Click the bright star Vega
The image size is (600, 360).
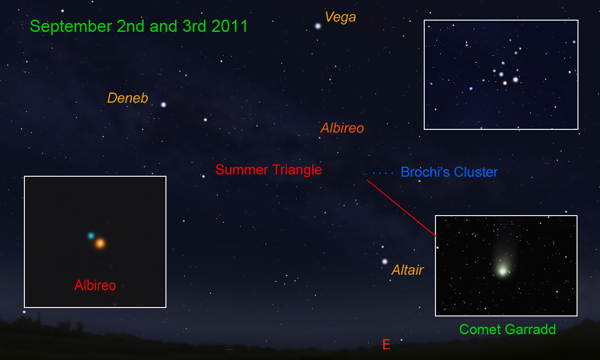[x=318, y=26]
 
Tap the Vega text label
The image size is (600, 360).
[x=340, y=17]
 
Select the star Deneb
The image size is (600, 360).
[x=164, y=105]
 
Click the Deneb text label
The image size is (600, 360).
[x=127, y=98]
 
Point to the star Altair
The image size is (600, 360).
[x=385, y=262]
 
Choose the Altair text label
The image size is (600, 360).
[x=408, y=270]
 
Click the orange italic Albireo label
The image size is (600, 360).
[x=342, y=128]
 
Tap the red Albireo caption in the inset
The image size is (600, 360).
[x=95, y=285]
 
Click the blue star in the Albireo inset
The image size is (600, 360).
[x=91, y=236]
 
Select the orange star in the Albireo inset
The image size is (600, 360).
[x=100, y=243]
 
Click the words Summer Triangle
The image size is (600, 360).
[x=269, y=170]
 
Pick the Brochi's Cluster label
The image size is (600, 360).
[x=449, y=172]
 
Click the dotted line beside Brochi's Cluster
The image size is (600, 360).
[x=383, y=173]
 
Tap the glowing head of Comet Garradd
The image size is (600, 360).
[x=503, y=271]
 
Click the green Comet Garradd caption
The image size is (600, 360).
[x=508, y=329]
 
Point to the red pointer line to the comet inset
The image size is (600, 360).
[x=401, y=208]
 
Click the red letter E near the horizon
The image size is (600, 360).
[x=386, y=344]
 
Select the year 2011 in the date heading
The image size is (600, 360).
[x=230, y=26]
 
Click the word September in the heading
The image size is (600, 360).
[x=71, y=27]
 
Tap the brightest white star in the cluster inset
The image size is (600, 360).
[x=515, y=80]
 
